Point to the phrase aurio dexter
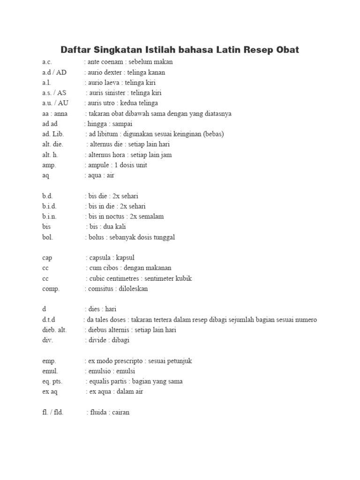(105, 72)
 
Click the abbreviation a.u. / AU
(55, 103)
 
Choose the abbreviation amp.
(49, 165)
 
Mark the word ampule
(98, 165)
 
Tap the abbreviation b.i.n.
(50, 217)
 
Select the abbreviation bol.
(48, 237)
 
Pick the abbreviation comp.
(51, 289)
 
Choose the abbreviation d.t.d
(49, 320)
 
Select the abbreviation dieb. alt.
(54, 330)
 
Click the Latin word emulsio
(101, 371)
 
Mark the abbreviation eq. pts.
(52, 382)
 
